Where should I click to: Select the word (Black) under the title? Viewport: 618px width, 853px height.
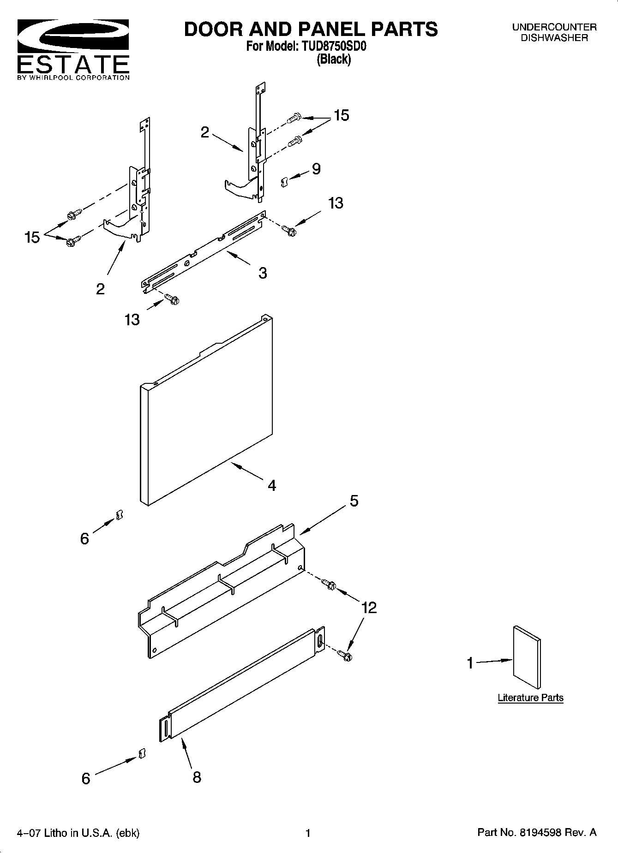[x=333, y=59]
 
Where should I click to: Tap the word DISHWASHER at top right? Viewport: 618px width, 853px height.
[x=554, y=38]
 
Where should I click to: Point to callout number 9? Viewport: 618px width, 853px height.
[x=316, y=169]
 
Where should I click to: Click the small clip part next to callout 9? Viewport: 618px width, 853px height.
[x=284, y=182]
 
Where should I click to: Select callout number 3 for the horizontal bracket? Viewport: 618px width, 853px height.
[x=262, y=273]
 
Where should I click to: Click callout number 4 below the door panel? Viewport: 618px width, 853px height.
[x=272, y=485]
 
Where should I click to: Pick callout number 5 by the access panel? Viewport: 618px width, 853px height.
[x=354, y=501]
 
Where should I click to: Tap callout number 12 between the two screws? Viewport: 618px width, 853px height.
[x=369, y=608]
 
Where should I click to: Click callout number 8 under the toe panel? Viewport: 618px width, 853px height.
[x=197, y=777]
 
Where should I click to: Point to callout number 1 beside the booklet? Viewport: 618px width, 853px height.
[x=470, y=663]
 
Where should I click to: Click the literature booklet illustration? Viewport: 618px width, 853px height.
[x=527, y=657]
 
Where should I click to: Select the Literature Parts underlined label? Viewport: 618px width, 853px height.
[x=530, y=698]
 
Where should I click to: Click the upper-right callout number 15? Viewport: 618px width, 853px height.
[x=341, y=115]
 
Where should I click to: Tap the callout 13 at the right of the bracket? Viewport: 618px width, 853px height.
[x=336, y=203]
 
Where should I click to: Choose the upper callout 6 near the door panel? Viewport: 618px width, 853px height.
[x=84, y=538]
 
